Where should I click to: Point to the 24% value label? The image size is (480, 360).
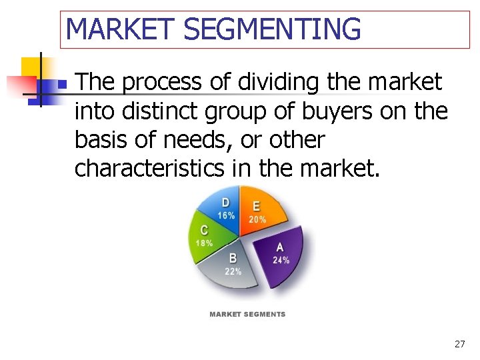point(281,260)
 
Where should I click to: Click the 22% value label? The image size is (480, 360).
point(233,271)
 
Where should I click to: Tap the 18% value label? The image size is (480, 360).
point(204,243)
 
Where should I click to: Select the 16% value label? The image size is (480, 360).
point(226,215)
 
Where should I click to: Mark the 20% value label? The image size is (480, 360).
point(257,219)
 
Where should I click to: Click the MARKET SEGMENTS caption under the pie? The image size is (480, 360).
point(247,314)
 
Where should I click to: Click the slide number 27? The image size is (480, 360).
point(459,344)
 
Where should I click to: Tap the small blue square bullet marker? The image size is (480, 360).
point(61,85)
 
